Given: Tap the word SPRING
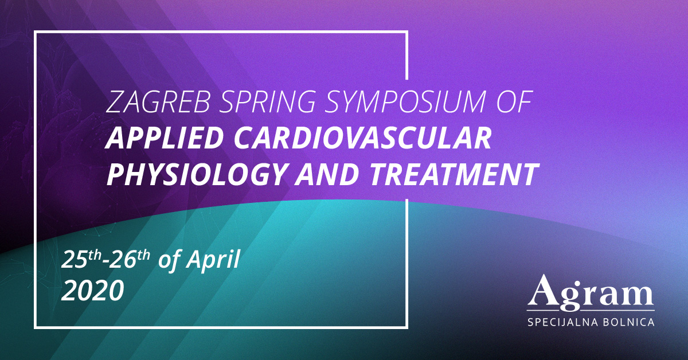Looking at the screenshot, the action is point(267,102).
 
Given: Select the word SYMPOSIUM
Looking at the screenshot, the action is point(405,102).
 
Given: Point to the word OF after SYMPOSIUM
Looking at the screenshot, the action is point(514,101).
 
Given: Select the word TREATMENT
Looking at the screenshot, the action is point(454,174).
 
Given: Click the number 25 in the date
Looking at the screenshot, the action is point(74,260).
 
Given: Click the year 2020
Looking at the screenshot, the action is point(92,291).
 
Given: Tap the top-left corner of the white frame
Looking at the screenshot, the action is point(36,32).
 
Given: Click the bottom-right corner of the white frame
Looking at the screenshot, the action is point(406,327).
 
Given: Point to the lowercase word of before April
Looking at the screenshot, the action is point(170,261).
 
